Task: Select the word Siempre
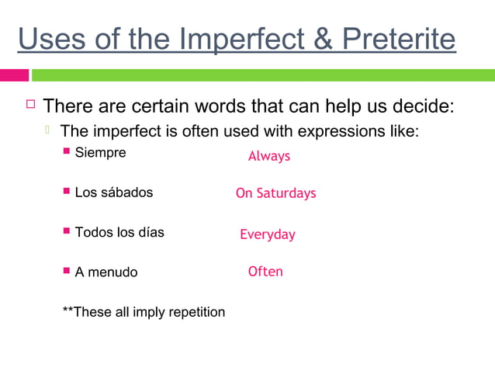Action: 100,152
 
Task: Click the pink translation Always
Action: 268,156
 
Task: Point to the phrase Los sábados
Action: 113,192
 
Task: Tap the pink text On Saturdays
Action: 275,193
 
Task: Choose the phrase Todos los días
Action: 119,231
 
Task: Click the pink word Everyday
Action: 267,234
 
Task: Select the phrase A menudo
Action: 106,272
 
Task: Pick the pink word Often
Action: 265,272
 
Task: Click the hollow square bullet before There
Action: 30,103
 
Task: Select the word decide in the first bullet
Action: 425,105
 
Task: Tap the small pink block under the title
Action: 14,75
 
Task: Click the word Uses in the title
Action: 47,39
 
